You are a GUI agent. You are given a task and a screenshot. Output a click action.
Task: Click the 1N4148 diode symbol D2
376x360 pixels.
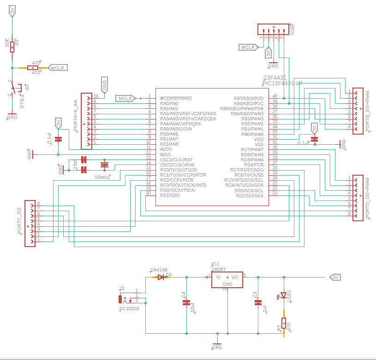point(161,277)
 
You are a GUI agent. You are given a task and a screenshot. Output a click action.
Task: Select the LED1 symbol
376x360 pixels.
point(284,295)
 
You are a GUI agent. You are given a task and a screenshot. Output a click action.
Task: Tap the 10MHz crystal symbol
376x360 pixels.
point(104,165)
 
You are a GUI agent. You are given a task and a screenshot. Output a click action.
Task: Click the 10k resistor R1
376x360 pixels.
point(12,46)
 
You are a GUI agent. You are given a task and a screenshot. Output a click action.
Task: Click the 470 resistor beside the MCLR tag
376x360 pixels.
point(36,68)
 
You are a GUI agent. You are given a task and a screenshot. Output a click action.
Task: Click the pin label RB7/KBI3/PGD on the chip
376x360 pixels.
point(249,99)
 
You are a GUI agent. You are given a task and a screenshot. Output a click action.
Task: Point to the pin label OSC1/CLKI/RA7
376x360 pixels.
point(177,159)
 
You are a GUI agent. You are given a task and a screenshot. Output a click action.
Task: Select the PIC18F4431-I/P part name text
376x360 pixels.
point(281,83)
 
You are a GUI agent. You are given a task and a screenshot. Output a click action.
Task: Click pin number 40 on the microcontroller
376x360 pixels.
point(275,96)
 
